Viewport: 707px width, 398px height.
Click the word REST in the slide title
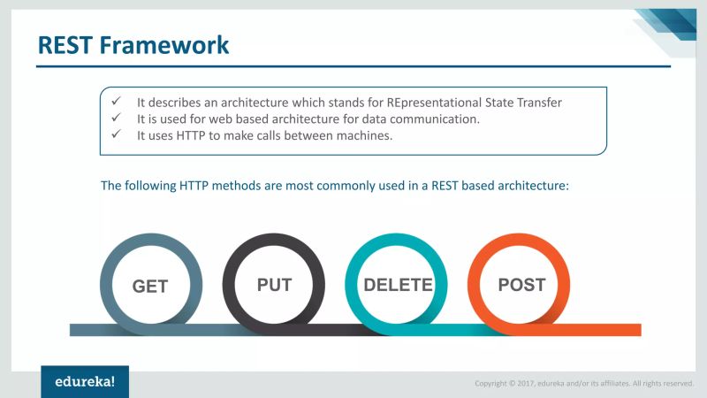pos(64,45)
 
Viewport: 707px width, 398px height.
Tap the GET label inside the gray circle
pos(150,287)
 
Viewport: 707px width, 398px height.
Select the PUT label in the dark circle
pos(274,285)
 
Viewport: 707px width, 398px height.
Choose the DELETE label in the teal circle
pos(398,285)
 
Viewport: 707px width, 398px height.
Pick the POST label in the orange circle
pos(521,285)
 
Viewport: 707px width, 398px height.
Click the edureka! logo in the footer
pos(85,381)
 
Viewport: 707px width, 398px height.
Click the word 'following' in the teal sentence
pos(148,187)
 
